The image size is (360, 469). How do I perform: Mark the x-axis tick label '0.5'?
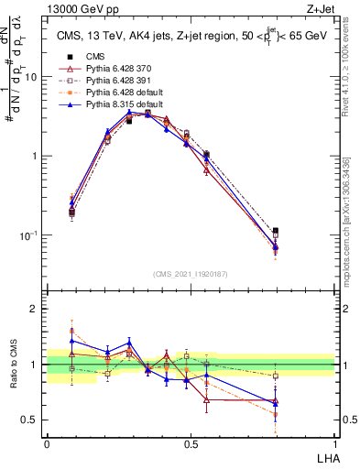[x=191, y=442]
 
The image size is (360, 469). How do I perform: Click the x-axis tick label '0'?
[x=47, y=442]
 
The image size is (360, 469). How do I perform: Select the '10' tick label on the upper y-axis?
[x=30, y=77]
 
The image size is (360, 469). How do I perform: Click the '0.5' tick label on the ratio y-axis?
[x=30, y=421]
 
